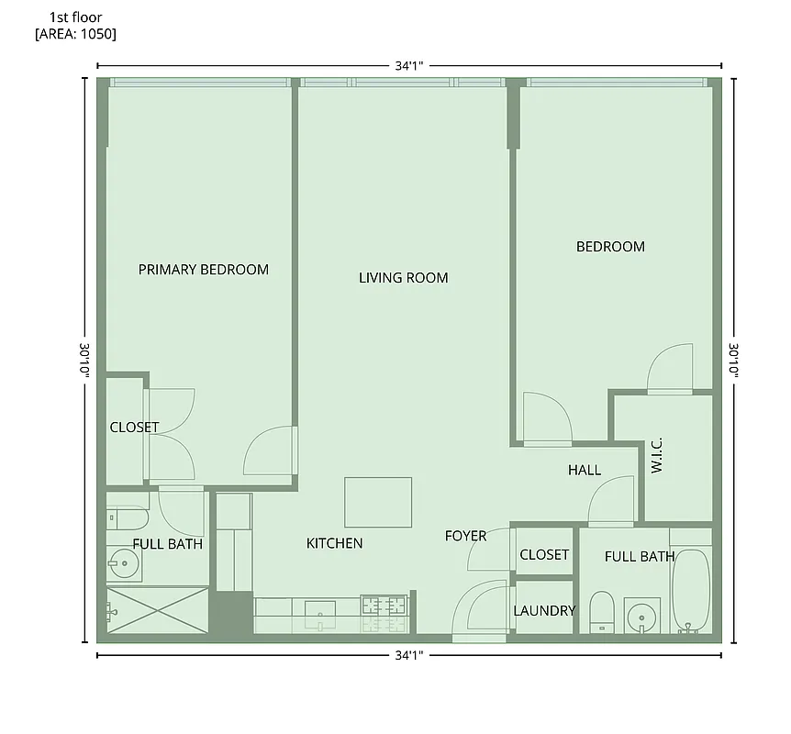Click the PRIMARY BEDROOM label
pos(203,270)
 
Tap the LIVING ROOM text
pos(403,278)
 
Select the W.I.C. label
pos(657,455)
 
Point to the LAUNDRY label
pos(544,611)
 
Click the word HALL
pos(584,471)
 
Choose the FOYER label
pos(465,536)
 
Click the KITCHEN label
pos(334,544)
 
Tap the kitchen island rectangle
pos(378,502)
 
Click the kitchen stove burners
pos(384,606)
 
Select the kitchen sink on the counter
pos(319,611)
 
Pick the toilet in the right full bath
pos(601,609)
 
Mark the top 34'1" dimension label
pos(408,66)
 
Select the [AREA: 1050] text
pos(75,34)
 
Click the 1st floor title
pos(76,17)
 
